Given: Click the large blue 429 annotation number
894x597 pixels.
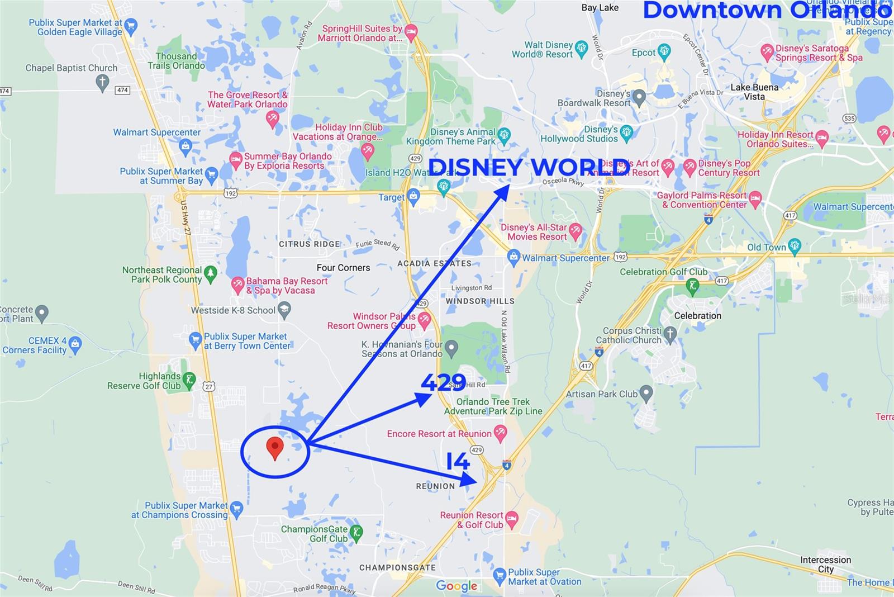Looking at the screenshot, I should [443, 382].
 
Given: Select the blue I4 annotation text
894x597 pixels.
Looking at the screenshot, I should [458, 462].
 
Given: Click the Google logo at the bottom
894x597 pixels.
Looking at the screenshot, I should [456, 585].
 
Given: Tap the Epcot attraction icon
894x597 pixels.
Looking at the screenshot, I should [664, 53].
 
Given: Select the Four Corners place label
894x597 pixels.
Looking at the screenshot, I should [343, 268].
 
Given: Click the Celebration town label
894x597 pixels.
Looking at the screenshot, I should [697, 316].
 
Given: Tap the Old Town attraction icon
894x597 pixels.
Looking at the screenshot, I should [795, 246].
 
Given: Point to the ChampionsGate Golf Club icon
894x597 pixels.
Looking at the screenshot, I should [356, 533].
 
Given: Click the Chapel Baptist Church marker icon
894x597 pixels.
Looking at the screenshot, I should [102, 83].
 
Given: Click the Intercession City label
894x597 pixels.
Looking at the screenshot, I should [825, 564].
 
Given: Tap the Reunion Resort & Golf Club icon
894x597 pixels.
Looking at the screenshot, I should [511, 519].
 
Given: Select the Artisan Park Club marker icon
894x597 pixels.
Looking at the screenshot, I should [646, 393].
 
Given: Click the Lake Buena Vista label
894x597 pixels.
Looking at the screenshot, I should [754, 92].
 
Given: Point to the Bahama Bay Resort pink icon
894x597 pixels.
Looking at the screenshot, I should [237, 285].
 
